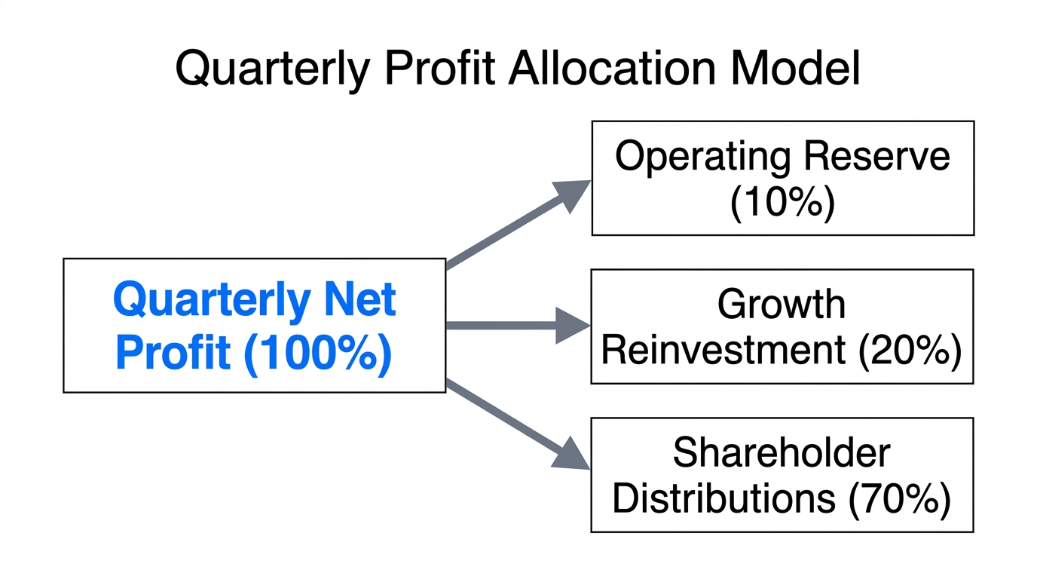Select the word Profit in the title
[439, 69]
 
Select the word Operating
[702, 157]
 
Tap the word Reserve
[876, 157]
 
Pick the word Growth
[782, 305]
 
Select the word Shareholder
[782, 453]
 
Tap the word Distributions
[723, 498]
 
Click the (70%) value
[899, 498]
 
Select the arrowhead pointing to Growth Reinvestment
[573, 326]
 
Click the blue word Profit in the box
[173, 353]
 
